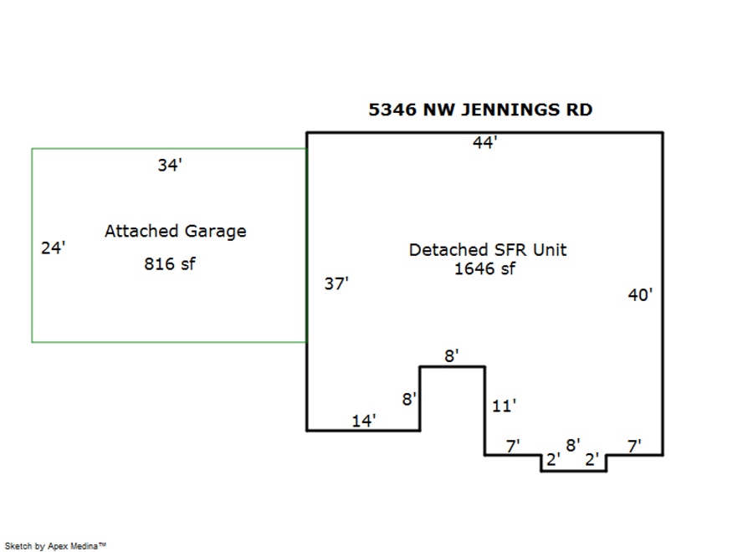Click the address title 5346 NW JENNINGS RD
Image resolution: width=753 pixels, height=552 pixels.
[x=480, y=110]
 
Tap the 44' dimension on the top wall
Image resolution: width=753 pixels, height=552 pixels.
[x=485, y=143]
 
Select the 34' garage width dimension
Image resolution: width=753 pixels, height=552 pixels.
[x=170, y=166]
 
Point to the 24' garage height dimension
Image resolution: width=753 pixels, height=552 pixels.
[x=53, y=248]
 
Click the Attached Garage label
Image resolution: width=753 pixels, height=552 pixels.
[x=175, y=231]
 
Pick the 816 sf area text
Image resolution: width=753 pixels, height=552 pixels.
[x=170, y=264]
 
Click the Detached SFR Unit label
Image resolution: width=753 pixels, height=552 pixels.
[x=487, y=249]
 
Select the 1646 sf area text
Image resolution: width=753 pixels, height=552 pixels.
[x=484, y=268]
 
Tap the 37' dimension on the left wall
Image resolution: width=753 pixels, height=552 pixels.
[x=336, y=284]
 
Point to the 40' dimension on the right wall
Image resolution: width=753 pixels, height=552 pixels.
[x=640, y=294]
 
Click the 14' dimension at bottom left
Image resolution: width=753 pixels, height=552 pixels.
[x=364, y=421]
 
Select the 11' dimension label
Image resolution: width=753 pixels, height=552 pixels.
[x=504, y=406]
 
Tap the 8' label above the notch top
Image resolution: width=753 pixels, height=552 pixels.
[x=452, y=355]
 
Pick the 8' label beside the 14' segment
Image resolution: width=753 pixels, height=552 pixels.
[x=409, y=399]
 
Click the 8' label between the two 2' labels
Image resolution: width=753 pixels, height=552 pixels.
[x=573, y=445]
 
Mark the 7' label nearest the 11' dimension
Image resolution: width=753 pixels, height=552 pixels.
[x=515, y=446]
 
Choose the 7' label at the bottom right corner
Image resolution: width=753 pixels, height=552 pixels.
[x=634, y=446]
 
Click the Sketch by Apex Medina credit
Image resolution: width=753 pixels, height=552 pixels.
[x=58, y=546]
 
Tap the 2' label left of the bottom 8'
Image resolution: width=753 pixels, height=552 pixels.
[x=552, y=459]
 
